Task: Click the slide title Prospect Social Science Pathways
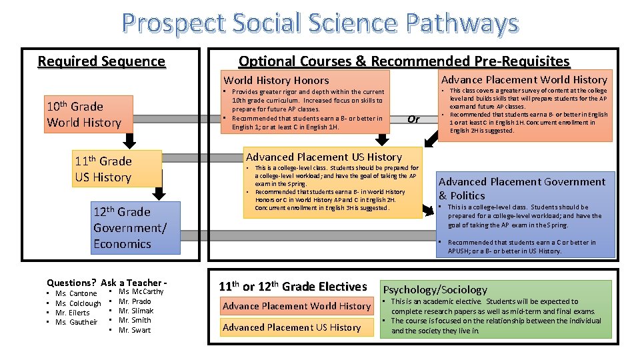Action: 320,23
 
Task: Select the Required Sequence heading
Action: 101,62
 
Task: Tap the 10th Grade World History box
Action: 84,114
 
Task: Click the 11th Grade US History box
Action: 117,169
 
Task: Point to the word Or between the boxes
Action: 413,119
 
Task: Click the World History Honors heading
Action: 276,80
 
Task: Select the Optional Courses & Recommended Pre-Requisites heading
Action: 404,62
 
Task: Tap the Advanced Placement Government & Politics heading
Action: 522,188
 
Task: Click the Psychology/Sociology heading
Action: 435,290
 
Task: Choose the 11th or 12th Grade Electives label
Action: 293,287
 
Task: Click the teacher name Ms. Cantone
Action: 76,293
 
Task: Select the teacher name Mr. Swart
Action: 135,330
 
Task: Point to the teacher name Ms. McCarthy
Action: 141,291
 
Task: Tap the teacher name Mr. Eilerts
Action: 72,313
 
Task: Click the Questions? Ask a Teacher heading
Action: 106,282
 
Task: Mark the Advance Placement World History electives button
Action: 297,306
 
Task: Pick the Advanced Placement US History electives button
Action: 292,327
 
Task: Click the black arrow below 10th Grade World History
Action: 131,139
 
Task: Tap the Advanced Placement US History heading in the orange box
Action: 324,157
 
